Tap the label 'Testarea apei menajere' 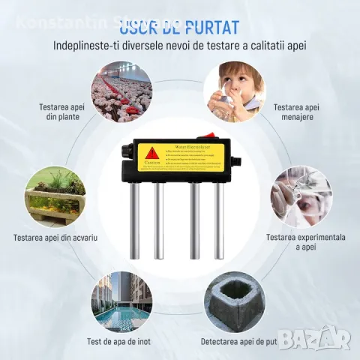click(x=298, y=112)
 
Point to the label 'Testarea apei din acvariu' click(x=55, y=238)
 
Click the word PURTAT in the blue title click(x=207, y=28)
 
